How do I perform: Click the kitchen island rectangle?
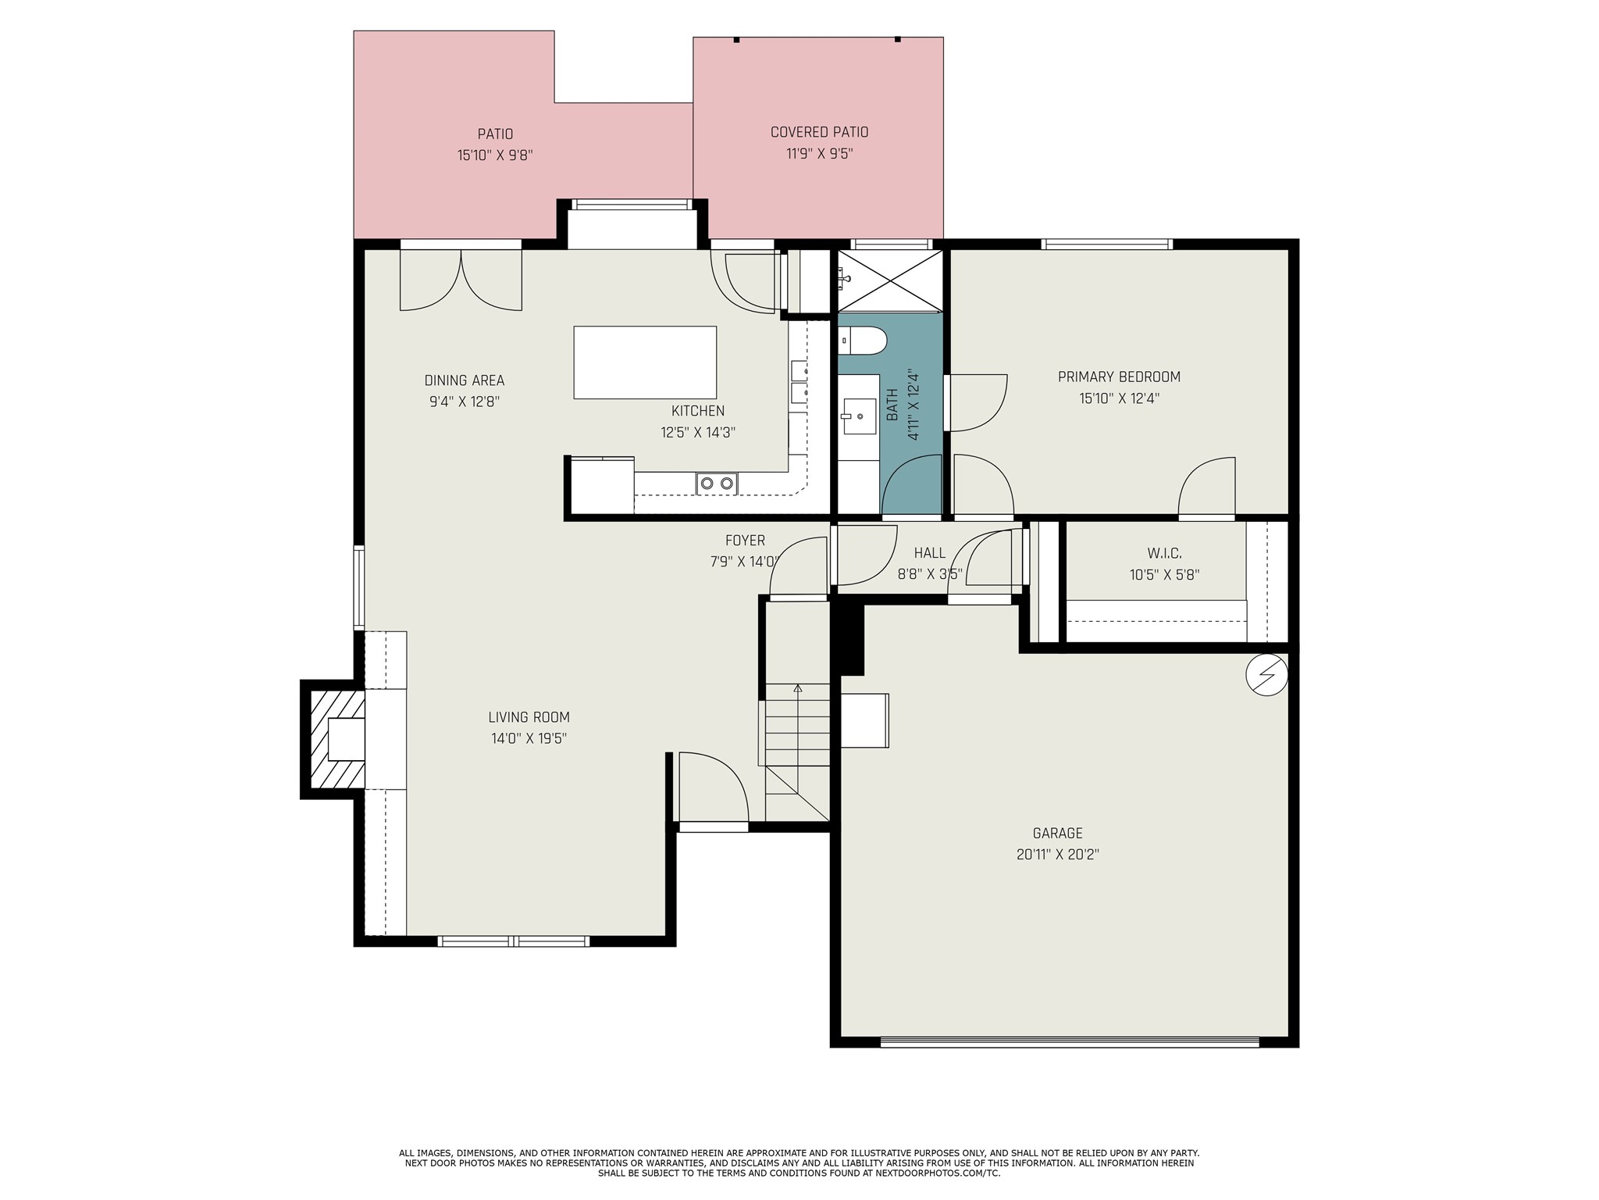point(645,362)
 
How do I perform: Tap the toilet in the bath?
point(863,341)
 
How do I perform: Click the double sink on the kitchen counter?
point(717,484)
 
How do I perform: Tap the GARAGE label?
point(1057,834)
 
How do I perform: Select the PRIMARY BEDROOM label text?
point(1119,377)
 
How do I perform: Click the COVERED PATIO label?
point(819,132)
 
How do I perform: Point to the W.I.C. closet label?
point(1164,553)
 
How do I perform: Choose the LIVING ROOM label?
point(529,717)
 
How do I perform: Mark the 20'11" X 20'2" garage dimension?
point(1057,855)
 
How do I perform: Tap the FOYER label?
point(745,540)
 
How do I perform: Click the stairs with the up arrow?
point(796,725)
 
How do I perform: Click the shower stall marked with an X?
point(890,280)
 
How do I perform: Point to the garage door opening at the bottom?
point(1070,1041)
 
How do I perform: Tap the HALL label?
point(929,553)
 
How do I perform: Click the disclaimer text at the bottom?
point(799,1162)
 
